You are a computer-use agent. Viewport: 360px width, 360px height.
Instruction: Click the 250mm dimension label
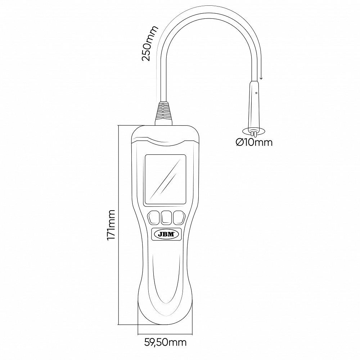click(150, 43)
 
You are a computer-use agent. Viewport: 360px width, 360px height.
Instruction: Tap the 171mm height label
click(111, 225)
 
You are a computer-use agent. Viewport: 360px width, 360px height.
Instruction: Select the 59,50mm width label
click(165, 343)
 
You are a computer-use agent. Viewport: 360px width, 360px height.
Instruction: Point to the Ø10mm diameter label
click(254, 143)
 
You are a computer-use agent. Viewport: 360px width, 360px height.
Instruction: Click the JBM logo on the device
click(166, 234)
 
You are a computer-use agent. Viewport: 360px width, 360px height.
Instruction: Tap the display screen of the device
click(165, 180)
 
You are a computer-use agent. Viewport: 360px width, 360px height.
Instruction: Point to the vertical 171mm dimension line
click(118, 225)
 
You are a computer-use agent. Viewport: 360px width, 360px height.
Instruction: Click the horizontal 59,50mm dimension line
click(165, 334)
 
